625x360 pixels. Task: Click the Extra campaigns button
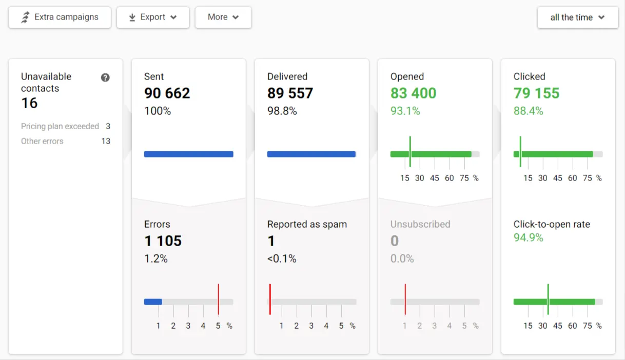[60, 17]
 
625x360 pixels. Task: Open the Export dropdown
[153, 17]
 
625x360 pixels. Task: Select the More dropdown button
[223, 17]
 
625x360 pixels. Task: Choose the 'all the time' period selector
[578, 17]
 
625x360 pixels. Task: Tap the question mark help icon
[105, 77]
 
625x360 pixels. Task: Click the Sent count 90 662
[167, 93]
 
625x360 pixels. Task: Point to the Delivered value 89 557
[290, 93]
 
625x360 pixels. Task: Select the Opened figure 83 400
[413, 93]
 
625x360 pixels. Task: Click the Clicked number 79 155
[536, 93]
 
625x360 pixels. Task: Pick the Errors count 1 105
[163, 241]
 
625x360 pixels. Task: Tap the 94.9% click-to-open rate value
[528, 237]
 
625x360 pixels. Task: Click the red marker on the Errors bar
[218, 299]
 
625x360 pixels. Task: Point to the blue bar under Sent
[189, 154]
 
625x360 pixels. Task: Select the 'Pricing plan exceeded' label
[60, 126]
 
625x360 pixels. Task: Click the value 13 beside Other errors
[106, 141]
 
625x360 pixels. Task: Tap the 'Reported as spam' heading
[307, 224]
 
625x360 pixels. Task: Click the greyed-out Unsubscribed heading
[420, 224]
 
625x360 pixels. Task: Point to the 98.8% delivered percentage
[282, 111]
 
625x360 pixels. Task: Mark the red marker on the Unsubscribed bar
[405, 299]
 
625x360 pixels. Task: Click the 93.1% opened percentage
[405, 111]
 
